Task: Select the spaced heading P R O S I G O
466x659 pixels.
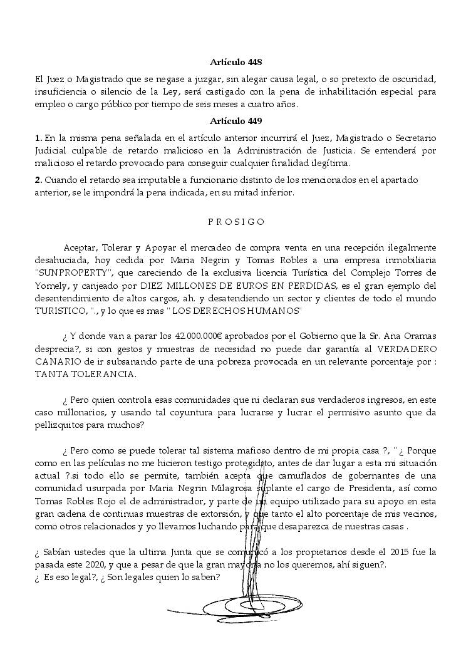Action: (235, 222)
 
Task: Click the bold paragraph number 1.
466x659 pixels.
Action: (39, 137)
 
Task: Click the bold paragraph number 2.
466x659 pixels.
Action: (39, 180)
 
